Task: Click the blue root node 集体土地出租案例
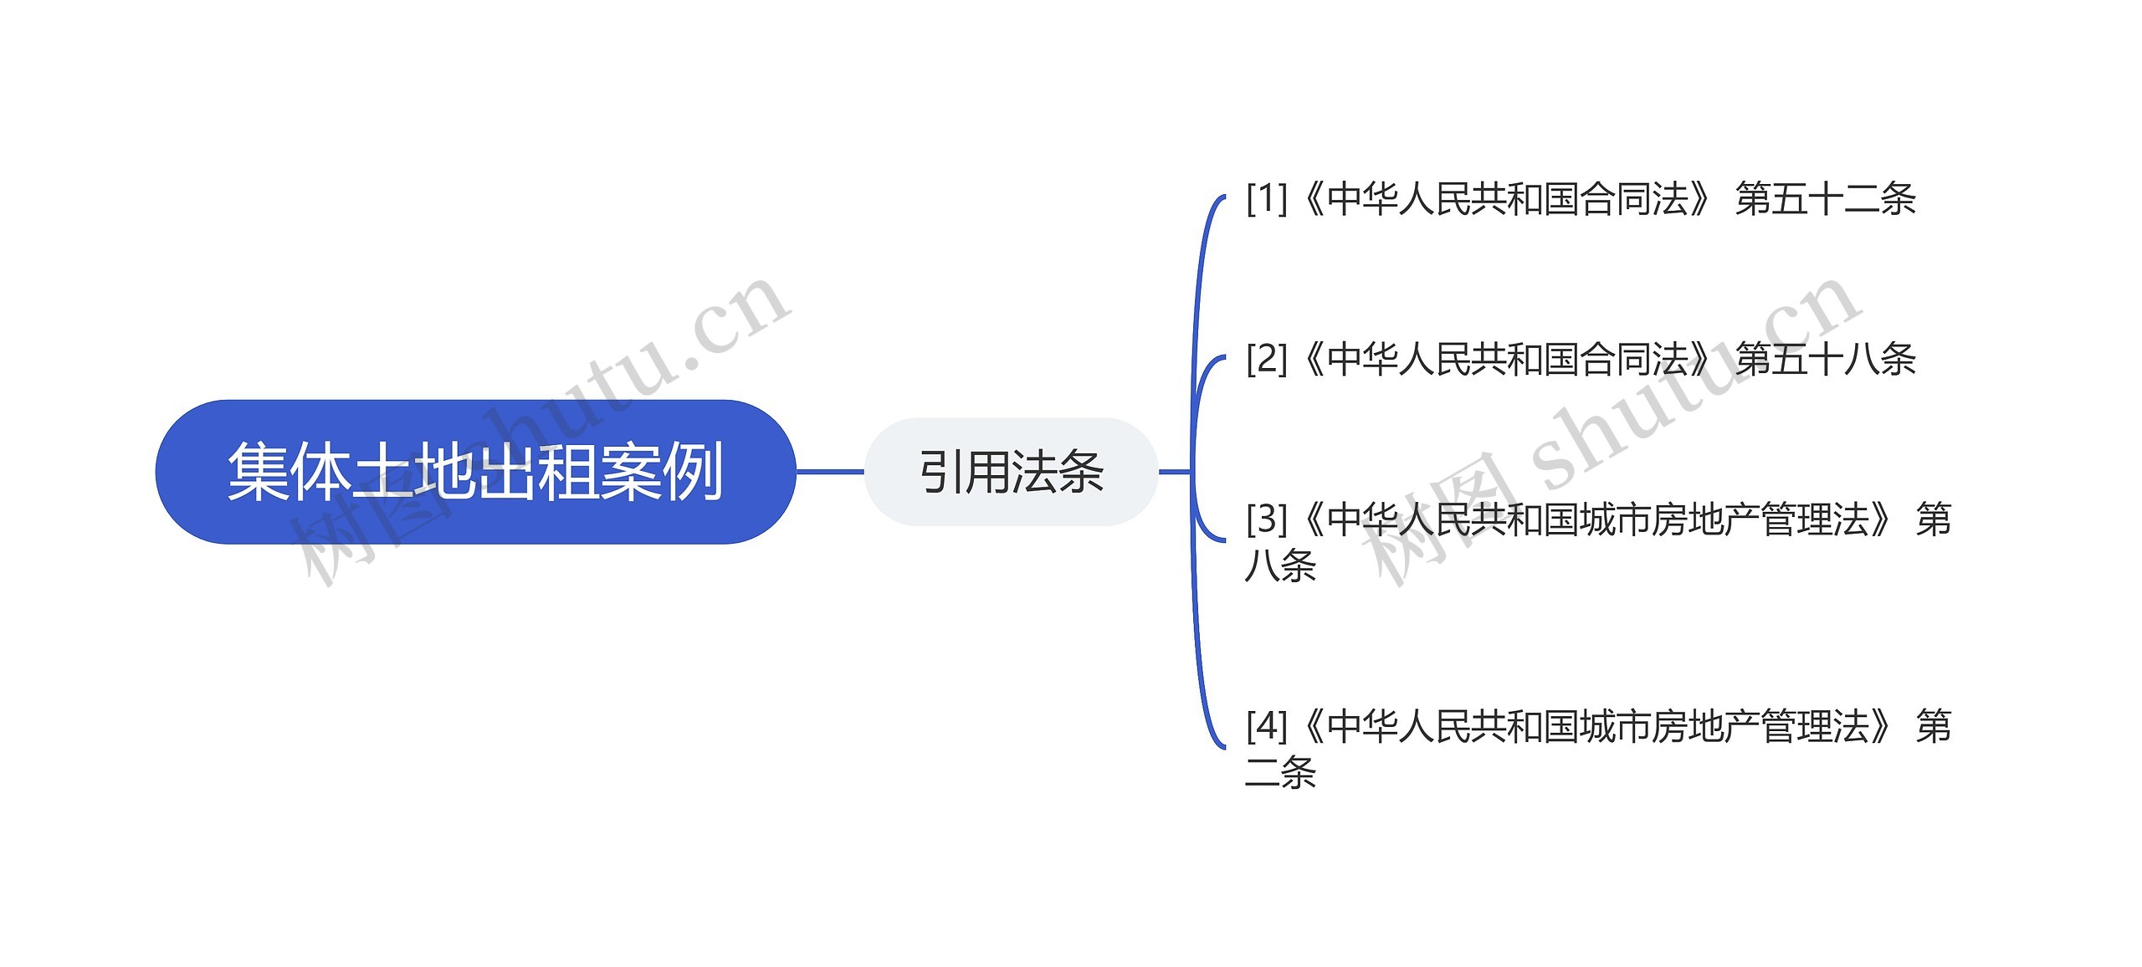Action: [475, 472]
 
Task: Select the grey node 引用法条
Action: [1011, 472]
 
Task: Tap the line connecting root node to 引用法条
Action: [829, 472]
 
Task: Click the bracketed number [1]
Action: [1266, 199]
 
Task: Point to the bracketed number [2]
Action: [1266, 359]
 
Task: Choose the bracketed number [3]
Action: [1266, 519]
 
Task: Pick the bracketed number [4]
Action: [1266, 726]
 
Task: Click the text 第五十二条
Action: [1825, 199]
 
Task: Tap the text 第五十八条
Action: [1825, 360]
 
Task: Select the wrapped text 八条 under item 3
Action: [1280, 565]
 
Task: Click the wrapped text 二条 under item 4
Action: [1280, 772]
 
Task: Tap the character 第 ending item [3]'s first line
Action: [1934, 519]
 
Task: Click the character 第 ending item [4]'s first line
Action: [1934, 726]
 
